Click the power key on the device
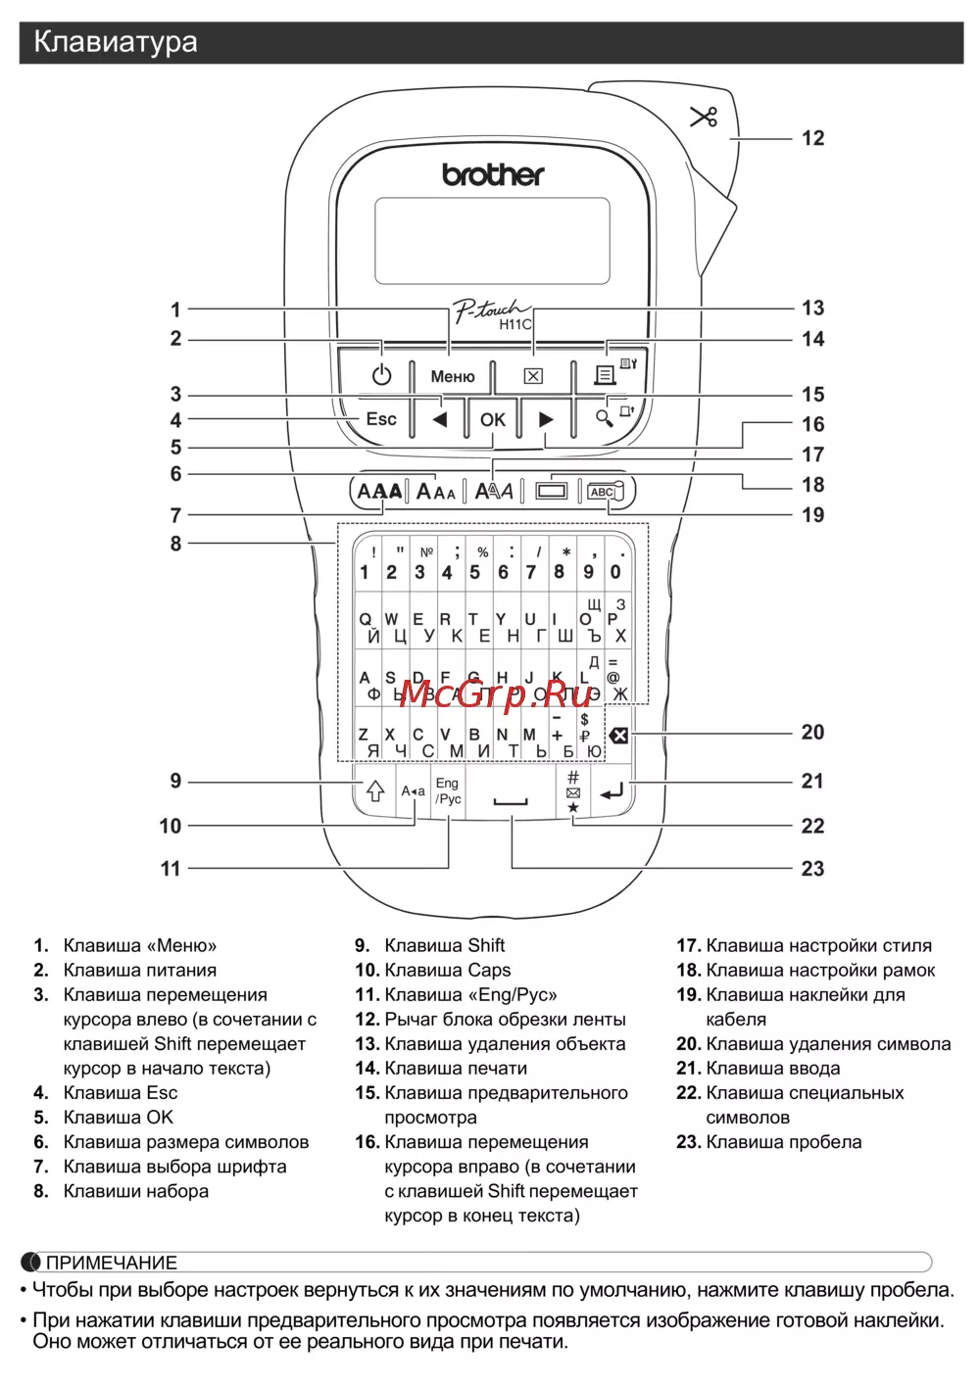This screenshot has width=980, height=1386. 381,375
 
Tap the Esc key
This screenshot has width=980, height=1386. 381,419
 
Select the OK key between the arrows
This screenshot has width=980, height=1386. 492,419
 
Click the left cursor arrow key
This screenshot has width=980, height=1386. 440,419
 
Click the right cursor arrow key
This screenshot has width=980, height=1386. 546,419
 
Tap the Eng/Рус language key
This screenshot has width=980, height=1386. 448,791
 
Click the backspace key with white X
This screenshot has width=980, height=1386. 618,735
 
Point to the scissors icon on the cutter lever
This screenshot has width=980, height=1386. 704,117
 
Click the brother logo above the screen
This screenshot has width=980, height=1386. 493,175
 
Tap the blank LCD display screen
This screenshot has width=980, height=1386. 492,241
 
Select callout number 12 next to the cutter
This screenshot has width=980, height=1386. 812,138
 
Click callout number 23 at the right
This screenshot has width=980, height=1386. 812,869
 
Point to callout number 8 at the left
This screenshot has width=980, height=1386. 176,544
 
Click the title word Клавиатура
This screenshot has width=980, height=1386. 116,42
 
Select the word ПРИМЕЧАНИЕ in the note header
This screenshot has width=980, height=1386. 112,1263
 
